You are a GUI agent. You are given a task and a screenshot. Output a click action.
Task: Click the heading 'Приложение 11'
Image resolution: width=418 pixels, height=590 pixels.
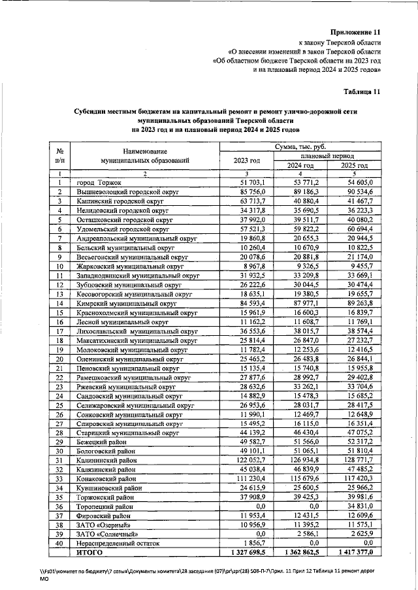355,32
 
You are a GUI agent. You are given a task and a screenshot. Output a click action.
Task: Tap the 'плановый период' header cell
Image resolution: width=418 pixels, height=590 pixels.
327,157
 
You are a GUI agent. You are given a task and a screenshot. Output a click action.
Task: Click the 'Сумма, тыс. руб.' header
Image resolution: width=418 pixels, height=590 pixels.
300,148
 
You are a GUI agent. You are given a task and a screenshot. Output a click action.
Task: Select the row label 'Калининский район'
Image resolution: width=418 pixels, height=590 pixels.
106,460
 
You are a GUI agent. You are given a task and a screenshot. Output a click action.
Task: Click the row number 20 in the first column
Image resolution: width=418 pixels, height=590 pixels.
59,359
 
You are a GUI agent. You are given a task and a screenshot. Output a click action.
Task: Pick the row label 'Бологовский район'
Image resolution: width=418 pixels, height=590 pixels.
106,451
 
